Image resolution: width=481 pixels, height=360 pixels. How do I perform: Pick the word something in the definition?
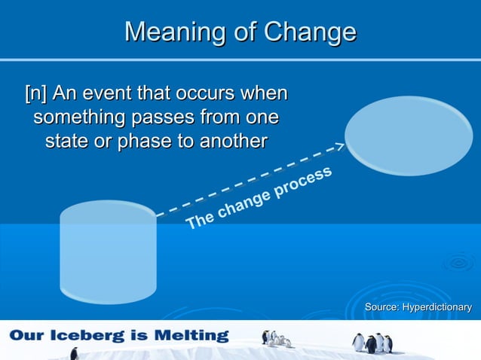click(81, 118)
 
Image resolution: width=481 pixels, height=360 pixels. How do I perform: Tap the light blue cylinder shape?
click(108, 252)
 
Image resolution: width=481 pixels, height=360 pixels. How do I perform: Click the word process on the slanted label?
click(302, 183)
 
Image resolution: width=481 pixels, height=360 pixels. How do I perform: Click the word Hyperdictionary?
click(437, 307)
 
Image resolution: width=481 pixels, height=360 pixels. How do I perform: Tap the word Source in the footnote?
click(381, 307)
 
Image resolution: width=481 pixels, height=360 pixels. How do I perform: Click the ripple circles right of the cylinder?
click(458, 263)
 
